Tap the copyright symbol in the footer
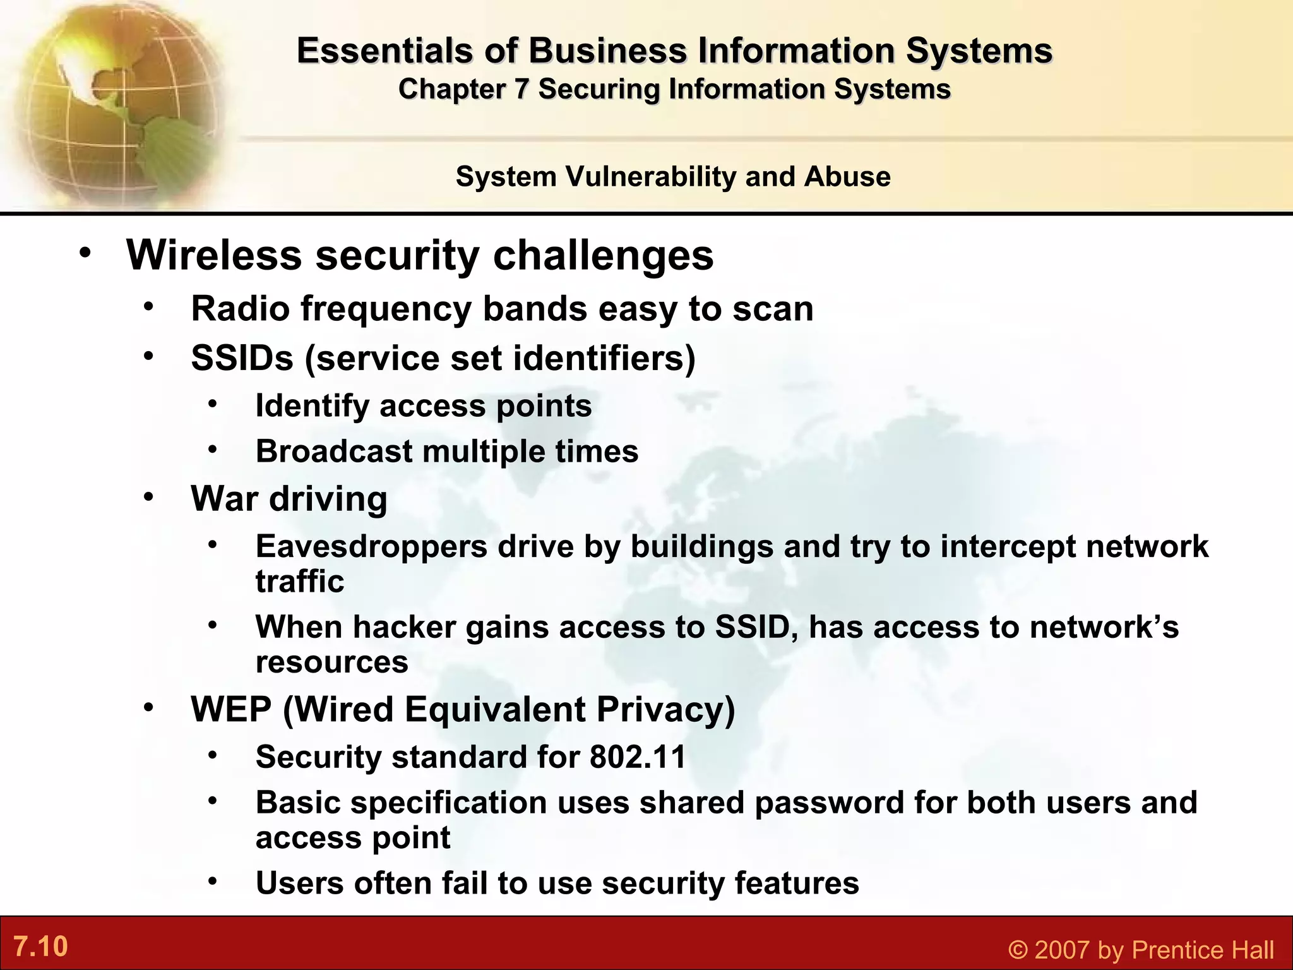1017,950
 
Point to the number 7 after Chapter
521,89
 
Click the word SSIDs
242,358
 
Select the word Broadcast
333,452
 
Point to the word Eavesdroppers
371,546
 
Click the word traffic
300,581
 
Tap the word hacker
404,627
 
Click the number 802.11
638,757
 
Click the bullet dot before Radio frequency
148,307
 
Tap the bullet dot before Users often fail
213,880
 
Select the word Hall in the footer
1249,950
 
